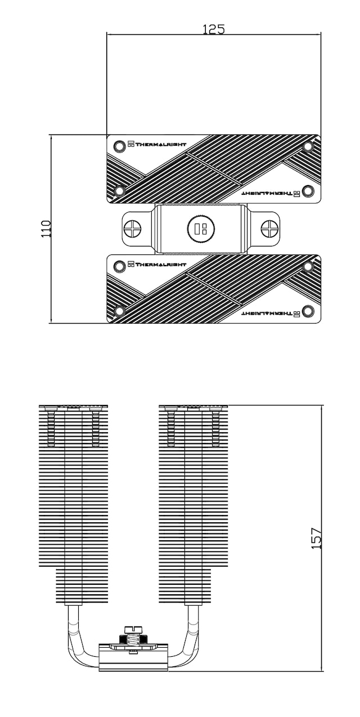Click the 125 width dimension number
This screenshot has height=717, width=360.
pos(213,29)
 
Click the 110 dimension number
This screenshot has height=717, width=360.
pos(46,228)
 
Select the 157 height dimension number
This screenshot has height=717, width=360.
pos(317,538)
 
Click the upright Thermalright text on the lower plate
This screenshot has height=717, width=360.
pos(157,264)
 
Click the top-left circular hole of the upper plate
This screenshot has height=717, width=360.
pos(119,146)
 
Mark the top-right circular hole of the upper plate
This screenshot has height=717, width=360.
pos(308,147)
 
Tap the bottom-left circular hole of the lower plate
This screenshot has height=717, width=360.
pos(119,311)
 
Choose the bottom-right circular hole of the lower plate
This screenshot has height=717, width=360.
pos(308,311)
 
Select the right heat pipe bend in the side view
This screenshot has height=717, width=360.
pos(188,647)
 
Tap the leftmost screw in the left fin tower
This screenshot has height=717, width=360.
pos(51,428)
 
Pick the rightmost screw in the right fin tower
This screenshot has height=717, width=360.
pos(215,428)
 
